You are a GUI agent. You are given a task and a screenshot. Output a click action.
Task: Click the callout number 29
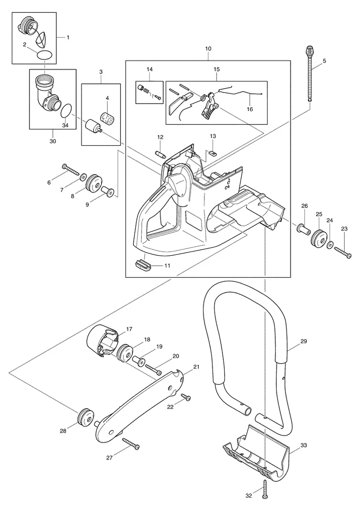coord(303,341)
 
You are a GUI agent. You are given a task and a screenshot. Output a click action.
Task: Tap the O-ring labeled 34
coord(67,110)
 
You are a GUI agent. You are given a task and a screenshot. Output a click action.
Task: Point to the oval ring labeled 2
coord(45,55)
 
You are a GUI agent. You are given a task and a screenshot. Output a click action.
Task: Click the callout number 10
coord(208,49)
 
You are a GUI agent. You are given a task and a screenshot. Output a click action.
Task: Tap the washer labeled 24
coord(330,244)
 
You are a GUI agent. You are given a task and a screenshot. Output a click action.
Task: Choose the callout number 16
coord(250,109)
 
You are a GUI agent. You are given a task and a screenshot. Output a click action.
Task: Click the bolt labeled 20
coord(153,369)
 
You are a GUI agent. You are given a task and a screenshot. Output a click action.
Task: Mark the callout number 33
coord(303,444)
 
